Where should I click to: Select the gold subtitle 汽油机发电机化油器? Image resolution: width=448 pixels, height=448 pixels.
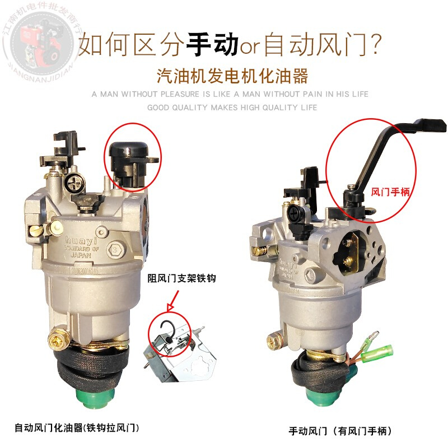[234, 74]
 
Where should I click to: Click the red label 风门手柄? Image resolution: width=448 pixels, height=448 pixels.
[391, 191]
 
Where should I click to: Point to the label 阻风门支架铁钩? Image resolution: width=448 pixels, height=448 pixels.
[181, 278]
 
